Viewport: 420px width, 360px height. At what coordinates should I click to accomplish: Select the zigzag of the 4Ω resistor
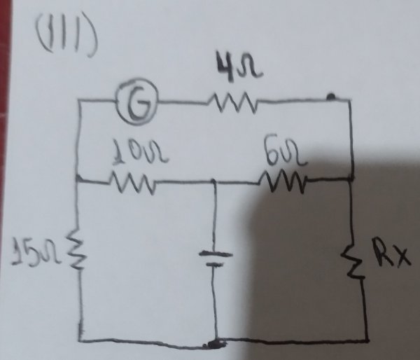tap(232, 106)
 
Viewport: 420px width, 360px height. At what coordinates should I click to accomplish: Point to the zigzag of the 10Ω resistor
tap(132, 184)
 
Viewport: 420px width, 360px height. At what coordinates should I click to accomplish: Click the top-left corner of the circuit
tap(80, 104)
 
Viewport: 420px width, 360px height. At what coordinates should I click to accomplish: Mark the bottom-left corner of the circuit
tap(80, 341)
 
